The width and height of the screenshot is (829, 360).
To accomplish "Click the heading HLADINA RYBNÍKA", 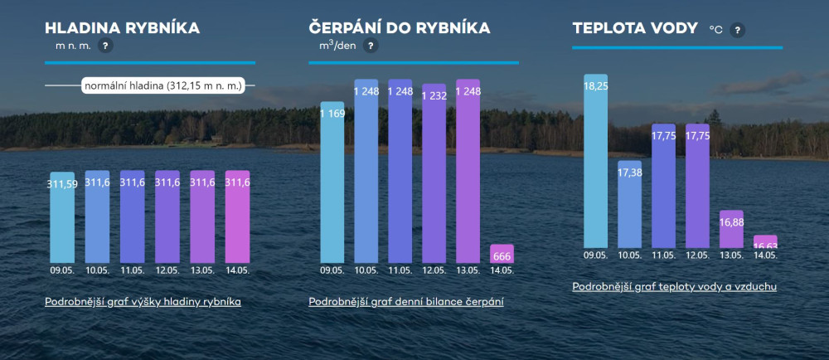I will tap(123, 27).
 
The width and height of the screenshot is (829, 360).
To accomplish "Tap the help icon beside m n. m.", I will tap(105, 46).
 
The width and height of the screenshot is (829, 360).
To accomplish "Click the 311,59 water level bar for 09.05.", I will tap(62, 217).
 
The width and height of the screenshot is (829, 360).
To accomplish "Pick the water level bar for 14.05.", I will tap(237, 216).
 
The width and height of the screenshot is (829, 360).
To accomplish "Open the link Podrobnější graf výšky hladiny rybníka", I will tap(143, 302).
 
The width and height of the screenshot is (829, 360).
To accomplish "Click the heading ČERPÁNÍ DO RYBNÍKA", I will tap(400, 27).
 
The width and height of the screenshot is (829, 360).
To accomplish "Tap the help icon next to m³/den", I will tap(371, 46).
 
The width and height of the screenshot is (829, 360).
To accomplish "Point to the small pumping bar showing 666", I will tap(502, 254).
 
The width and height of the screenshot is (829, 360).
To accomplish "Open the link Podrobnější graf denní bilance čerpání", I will tap(406, 302).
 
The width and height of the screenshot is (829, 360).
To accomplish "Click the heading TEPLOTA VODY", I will tap(634, 27).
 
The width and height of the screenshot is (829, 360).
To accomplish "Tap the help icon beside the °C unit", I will tap(738, 30).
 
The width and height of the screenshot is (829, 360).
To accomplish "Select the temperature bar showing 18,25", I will tap(596, 161).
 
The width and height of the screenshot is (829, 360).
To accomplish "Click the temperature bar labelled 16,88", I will tap(731, 229).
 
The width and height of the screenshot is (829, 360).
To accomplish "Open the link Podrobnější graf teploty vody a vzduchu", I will tap(674, 286).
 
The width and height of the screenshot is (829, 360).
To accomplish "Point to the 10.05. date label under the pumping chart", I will tap(366, 270).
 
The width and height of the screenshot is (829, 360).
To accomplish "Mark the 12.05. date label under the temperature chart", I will tap(697, 255).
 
